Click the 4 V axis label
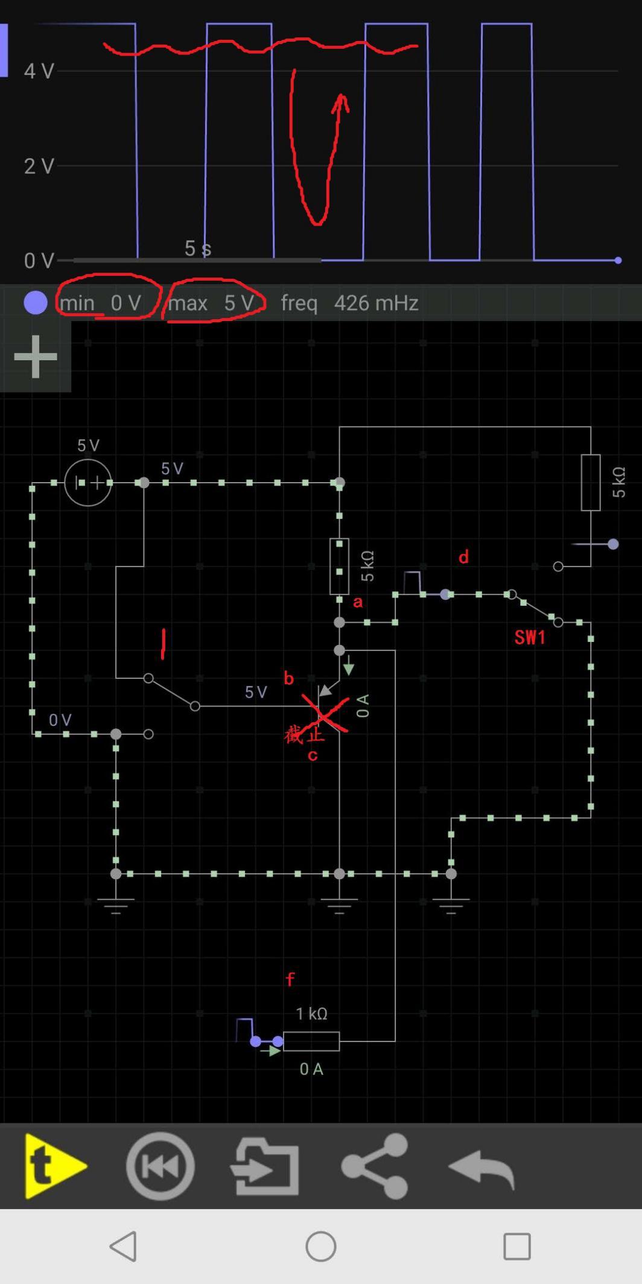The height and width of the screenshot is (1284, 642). pyautogui.click(x=39, y=71)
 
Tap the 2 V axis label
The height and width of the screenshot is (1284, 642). pyautogui.click(x=39, y=166)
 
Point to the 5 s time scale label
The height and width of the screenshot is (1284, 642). pyautogui.click(x=197, y=248)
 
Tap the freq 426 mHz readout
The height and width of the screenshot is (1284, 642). pyautogui.click(x=349, y=302)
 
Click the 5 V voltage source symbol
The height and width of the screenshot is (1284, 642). pyautogui.click(x=88, y=482)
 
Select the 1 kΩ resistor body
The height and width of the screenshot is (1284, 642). pyautogui.click(x=311, y=1041)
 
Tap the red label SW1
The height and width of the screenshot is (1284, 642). pyautogui.click(x=530, y=637)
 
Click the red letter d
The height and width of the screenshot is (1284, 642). pyautogui.click(x=463, y=557)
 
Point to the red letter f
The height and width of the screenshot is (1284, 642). pyautogui.click(x=290, y=979)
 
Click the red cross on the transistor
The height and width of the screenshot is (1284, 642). pyautogui.click(x=325, y=714)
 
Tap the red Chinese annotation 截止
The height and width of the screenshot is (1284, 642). pyautogui.click(x=304, y=735)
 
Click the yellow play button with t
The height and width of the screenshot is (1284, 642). pyautogui.click(x=54, y=1166)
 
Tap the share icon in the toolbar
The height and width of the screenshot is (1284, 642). pyautogui.click(x=375, y=1166)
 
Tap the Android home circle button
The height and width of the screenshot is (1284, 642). pyautogui.click(x=320, y=1246)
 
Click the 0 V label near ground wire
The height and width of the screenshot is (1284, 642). pyautogui.click(x=60, y=720)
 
